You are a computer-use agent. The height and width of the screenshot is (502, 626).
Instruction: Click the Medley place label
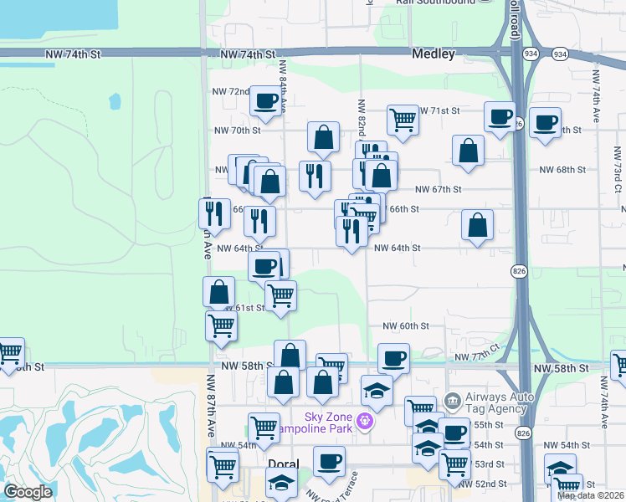433,54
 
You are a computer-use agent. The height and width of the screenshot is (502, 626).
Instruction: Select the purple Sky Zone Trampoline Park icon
364,420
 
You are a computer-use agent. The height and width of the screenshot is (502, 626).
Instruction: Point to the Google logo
27,492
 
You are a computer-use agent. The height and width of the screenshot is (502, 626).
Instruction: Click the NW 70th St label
238,131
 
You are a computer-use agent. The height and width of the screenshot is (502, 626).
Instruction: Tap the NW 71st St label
439,110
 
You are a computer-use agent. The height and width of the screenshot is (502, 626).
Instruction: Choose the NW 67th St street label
438,190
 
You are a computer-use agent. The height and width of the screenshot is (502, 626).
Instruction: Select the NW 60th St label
406,325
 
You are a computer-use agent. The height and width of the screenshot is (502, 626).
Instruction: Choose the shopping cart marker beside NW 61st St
280,295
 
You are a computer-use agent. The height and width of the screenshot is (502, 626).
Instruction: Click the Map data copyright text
590,495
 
